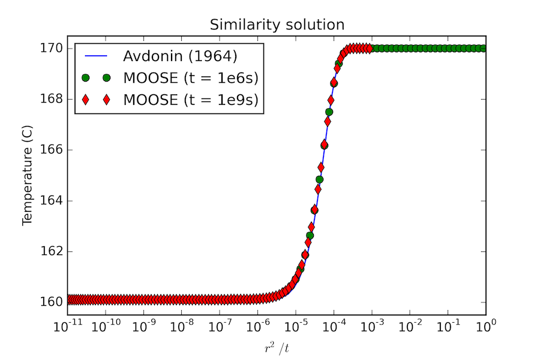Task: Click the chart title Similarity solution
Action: (x=277, y=25)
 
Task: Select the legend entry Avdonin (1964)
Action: (x=181, y=56)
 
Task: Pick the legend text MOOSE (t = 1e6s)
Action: (x=191, y=78)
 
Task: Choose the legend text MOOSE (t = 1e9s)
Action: (x=191, y=100)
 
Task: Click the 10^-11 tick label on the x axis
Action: (x=68, y=326)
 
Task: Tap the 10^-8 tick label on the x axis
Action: (x=181, y=326)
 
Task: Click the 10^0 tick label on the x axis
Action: (x=485, y=326)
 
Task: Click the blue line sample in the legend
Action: (x=96, y=57)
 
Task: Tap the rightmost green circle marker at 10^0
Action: (x=484, y=48)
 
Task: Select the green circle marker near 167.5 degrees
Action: (x=329, y=112)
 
